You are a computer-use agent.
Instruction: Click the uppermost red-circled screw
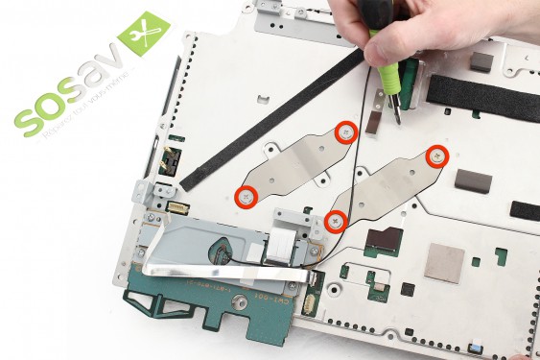point(346,131)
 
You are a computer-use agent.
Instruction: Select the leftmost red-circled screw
point(246,196)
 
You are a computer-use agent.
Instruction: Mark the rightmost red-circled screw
point(436,155)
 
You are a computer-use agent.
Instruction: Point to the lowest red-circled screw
point(335,221)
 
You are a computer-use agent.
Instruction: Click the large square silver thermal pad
point(444,262)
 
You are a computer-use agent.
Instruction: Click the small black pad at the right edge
point(525,210)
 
